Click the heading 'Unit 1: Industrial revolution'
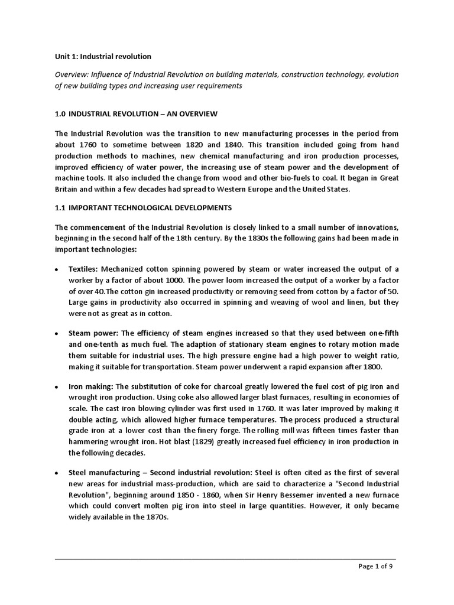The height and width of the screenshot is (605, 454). [103, 57]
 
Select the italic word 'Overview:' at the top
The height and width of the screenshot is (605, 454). [72, 74]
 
